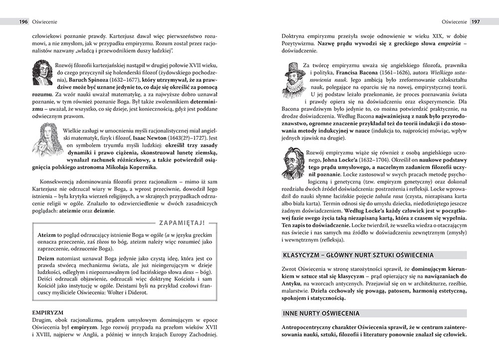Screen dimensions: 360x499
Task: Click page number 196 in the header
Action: pos(23,22)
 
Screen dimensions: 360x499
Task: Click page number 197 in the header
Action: pos(476,22)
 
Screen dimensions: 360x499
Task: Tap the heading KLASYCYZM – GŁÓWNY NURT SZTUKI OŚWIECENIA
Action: pos(358,255)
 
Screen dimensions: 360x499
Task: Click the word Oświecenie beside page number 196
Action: pos(45,22)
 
